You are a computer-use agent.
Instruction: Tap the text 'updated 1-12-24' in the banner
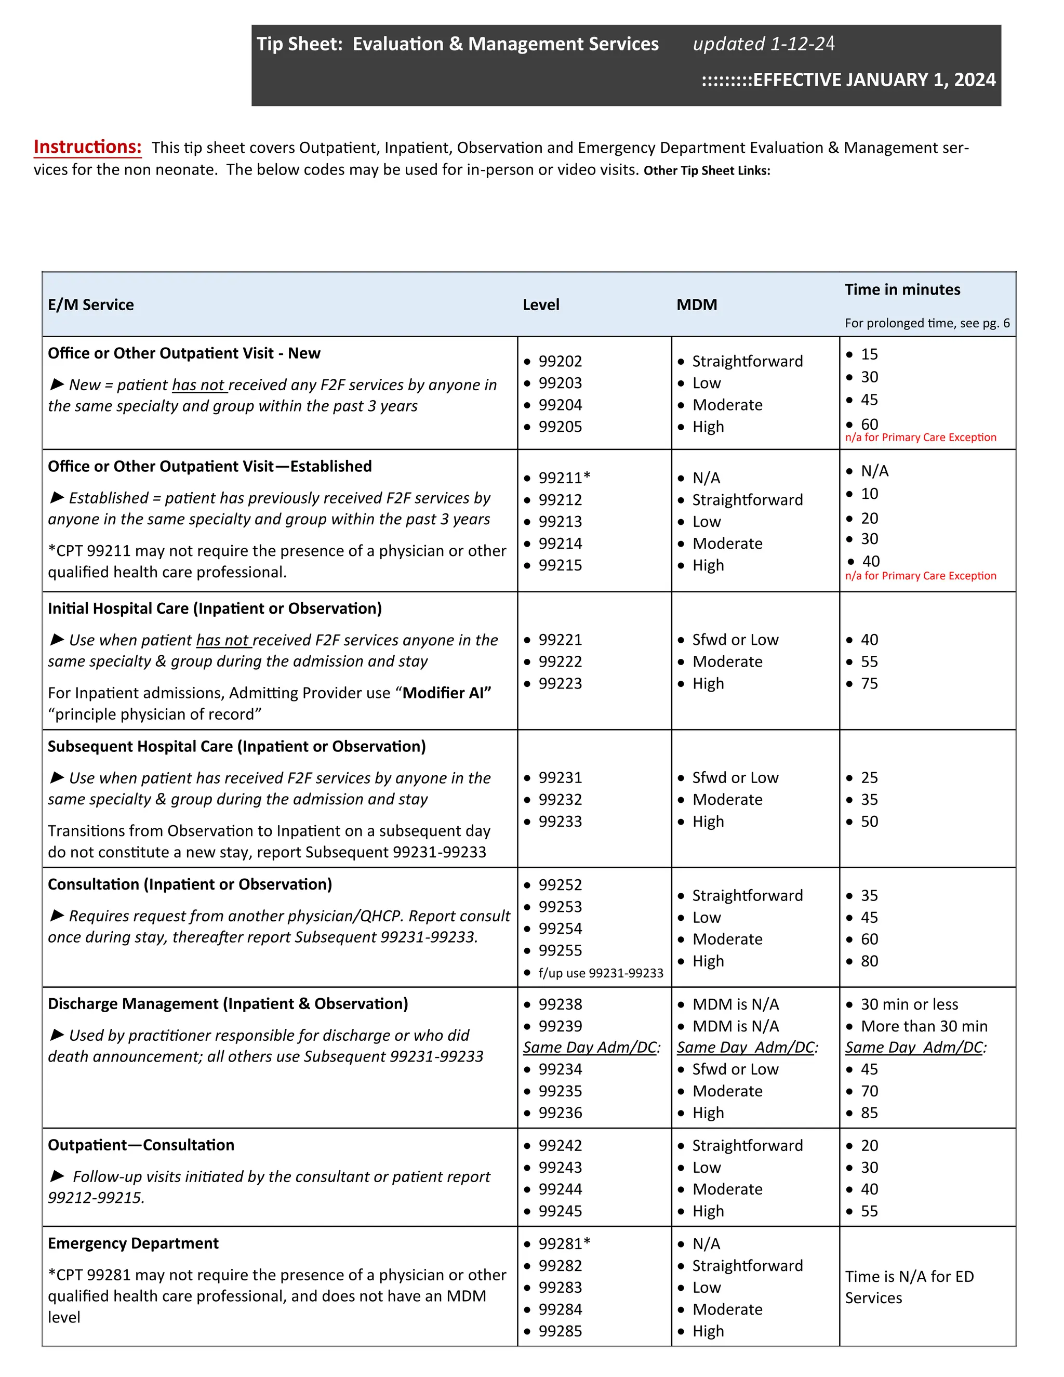(x=763, y=44)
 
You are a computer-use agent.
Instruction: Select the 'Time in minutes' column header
(x=902, y=289)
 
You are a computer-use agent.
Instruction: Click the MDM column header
(x=697, y=304)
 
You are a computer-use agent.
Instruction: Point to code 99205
(x=560, y=427)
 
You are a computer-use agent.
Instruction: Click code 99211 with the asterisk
(x=564, y=478)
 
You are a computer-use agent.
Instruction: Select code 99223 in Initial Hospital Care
(x=560, y=683)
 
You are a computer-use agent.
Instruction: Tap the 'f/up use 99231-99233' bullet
(x=600, y=973)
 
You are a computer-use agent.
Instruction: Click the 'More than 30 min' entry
(x=924, y=1026)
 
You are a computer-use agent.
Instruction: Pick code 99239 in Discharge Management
(x=560, y=1026)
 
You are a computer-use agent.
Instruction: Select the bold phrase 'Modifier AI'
(x=446, y=693)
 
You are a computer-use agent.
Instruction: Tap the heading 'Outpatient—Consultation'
(x=141, y=1145)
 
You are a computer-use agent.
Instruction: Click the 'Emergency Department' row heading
(x=133, y=1243)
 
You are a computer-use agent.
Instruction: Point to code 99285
(x=560, y=1331)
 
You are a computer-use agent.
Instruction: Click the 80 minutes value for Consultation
(x=869, y=961)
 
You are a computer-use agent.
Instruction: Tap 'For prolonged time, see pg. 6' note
(x=927, y=323)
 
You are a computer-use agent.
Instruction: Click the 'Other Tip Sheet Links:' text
(x=707, y=171)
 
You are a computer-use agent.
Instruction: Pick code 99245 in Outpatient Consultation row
(x=560, y=1211)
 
